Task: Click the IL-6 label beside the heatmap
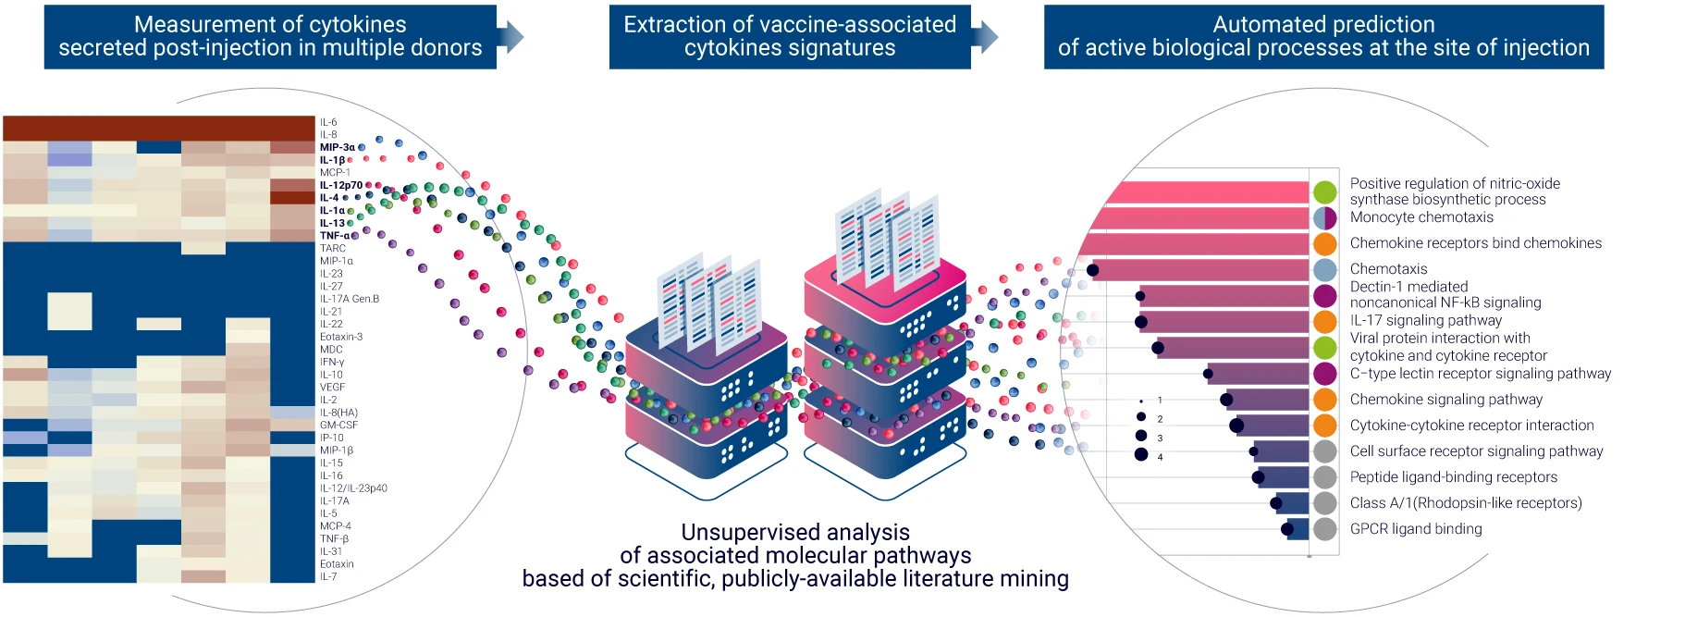(x=328, y=122)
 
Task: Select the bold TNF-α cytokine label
(x=335, y=236)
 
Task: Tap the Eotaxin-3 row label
(x=341, y=337)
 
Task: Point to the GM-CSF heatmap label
(x=338, y=426)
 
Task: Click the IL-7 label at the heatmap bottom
(x=328, y=576)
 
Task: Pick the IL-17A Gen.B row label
(x=350, y=299)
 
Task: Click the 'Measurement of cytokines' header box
(x=270, y=37)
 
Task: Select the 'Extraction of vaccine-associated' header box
(x=790, y=37)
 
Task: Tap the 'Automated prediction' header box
(x=1323, y=37)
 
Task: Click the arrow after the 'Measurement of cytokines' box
(x=511, y=37)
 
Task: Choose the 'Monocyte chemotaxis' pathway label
(x=1421, y=217)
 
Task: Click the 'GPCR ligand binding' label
(x=1416, y=529)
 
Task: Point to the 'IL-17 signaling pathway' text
(x=1426, y=320)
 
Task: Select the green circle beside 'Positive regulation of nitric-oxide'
(x=1325, y=192)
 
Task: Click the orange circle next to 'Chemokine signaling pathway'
(x=1325, y=400)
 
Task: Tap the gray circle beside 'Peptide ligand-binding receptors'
(x=1325, y=477)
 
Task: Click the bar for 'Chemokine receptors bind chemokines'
(x=1194, y=244)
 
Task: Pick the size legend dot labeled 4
(x=1141, y=454)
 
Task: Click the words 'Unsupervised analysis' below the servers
(x=795, y=533)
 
